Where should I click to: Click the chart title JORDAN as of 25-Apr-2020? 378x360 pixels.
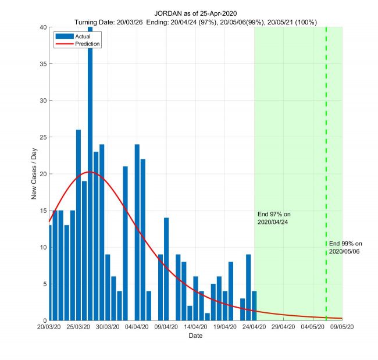[195, 13]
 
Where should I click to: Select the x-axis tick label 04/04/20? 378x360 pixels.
[137, 328]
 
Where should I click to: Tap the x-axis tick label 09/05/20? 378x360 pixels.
[342, 328]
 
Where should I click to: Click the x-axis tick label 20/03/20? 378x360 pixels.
[49, 328]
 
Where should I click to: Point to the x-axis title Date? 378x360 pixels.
[195, 336]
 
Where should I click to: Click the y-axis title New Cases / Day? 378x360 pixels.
[34, 174]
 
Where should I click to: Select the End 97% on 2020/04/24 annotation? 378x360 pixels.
[274, 218]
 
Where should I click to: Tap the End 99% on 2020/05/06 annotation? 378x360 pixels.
[345, 247]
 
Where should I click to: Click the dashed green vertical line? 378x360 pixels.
[326, 145]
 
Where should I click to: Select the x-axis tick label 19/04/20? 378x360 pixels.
[225, 328]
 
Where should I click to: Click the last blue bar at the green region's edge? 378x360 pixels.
[254, 306]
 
